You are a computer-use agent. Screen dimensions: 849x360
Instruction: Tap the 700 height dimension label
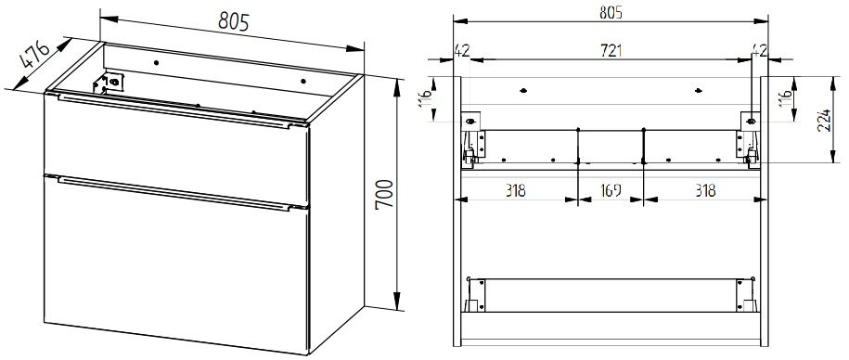click(384, 195)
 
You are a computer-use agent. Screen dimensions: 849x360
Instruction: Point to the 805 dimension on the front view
click(611, 12)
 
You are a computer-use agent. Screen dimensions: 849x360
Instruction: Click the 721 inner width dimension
click(611, 50)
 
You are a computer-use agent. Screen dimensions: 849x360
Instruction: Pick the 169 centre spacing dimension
click(611, 190)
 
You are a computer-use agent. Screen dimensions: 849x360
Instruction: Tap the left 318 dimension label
click(516, 190)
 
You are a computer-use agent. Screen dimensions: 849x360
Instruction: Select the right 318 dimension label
click(705, 190)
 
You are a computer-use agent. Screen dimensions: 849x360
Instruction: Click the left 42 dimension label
click(462, 50)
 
